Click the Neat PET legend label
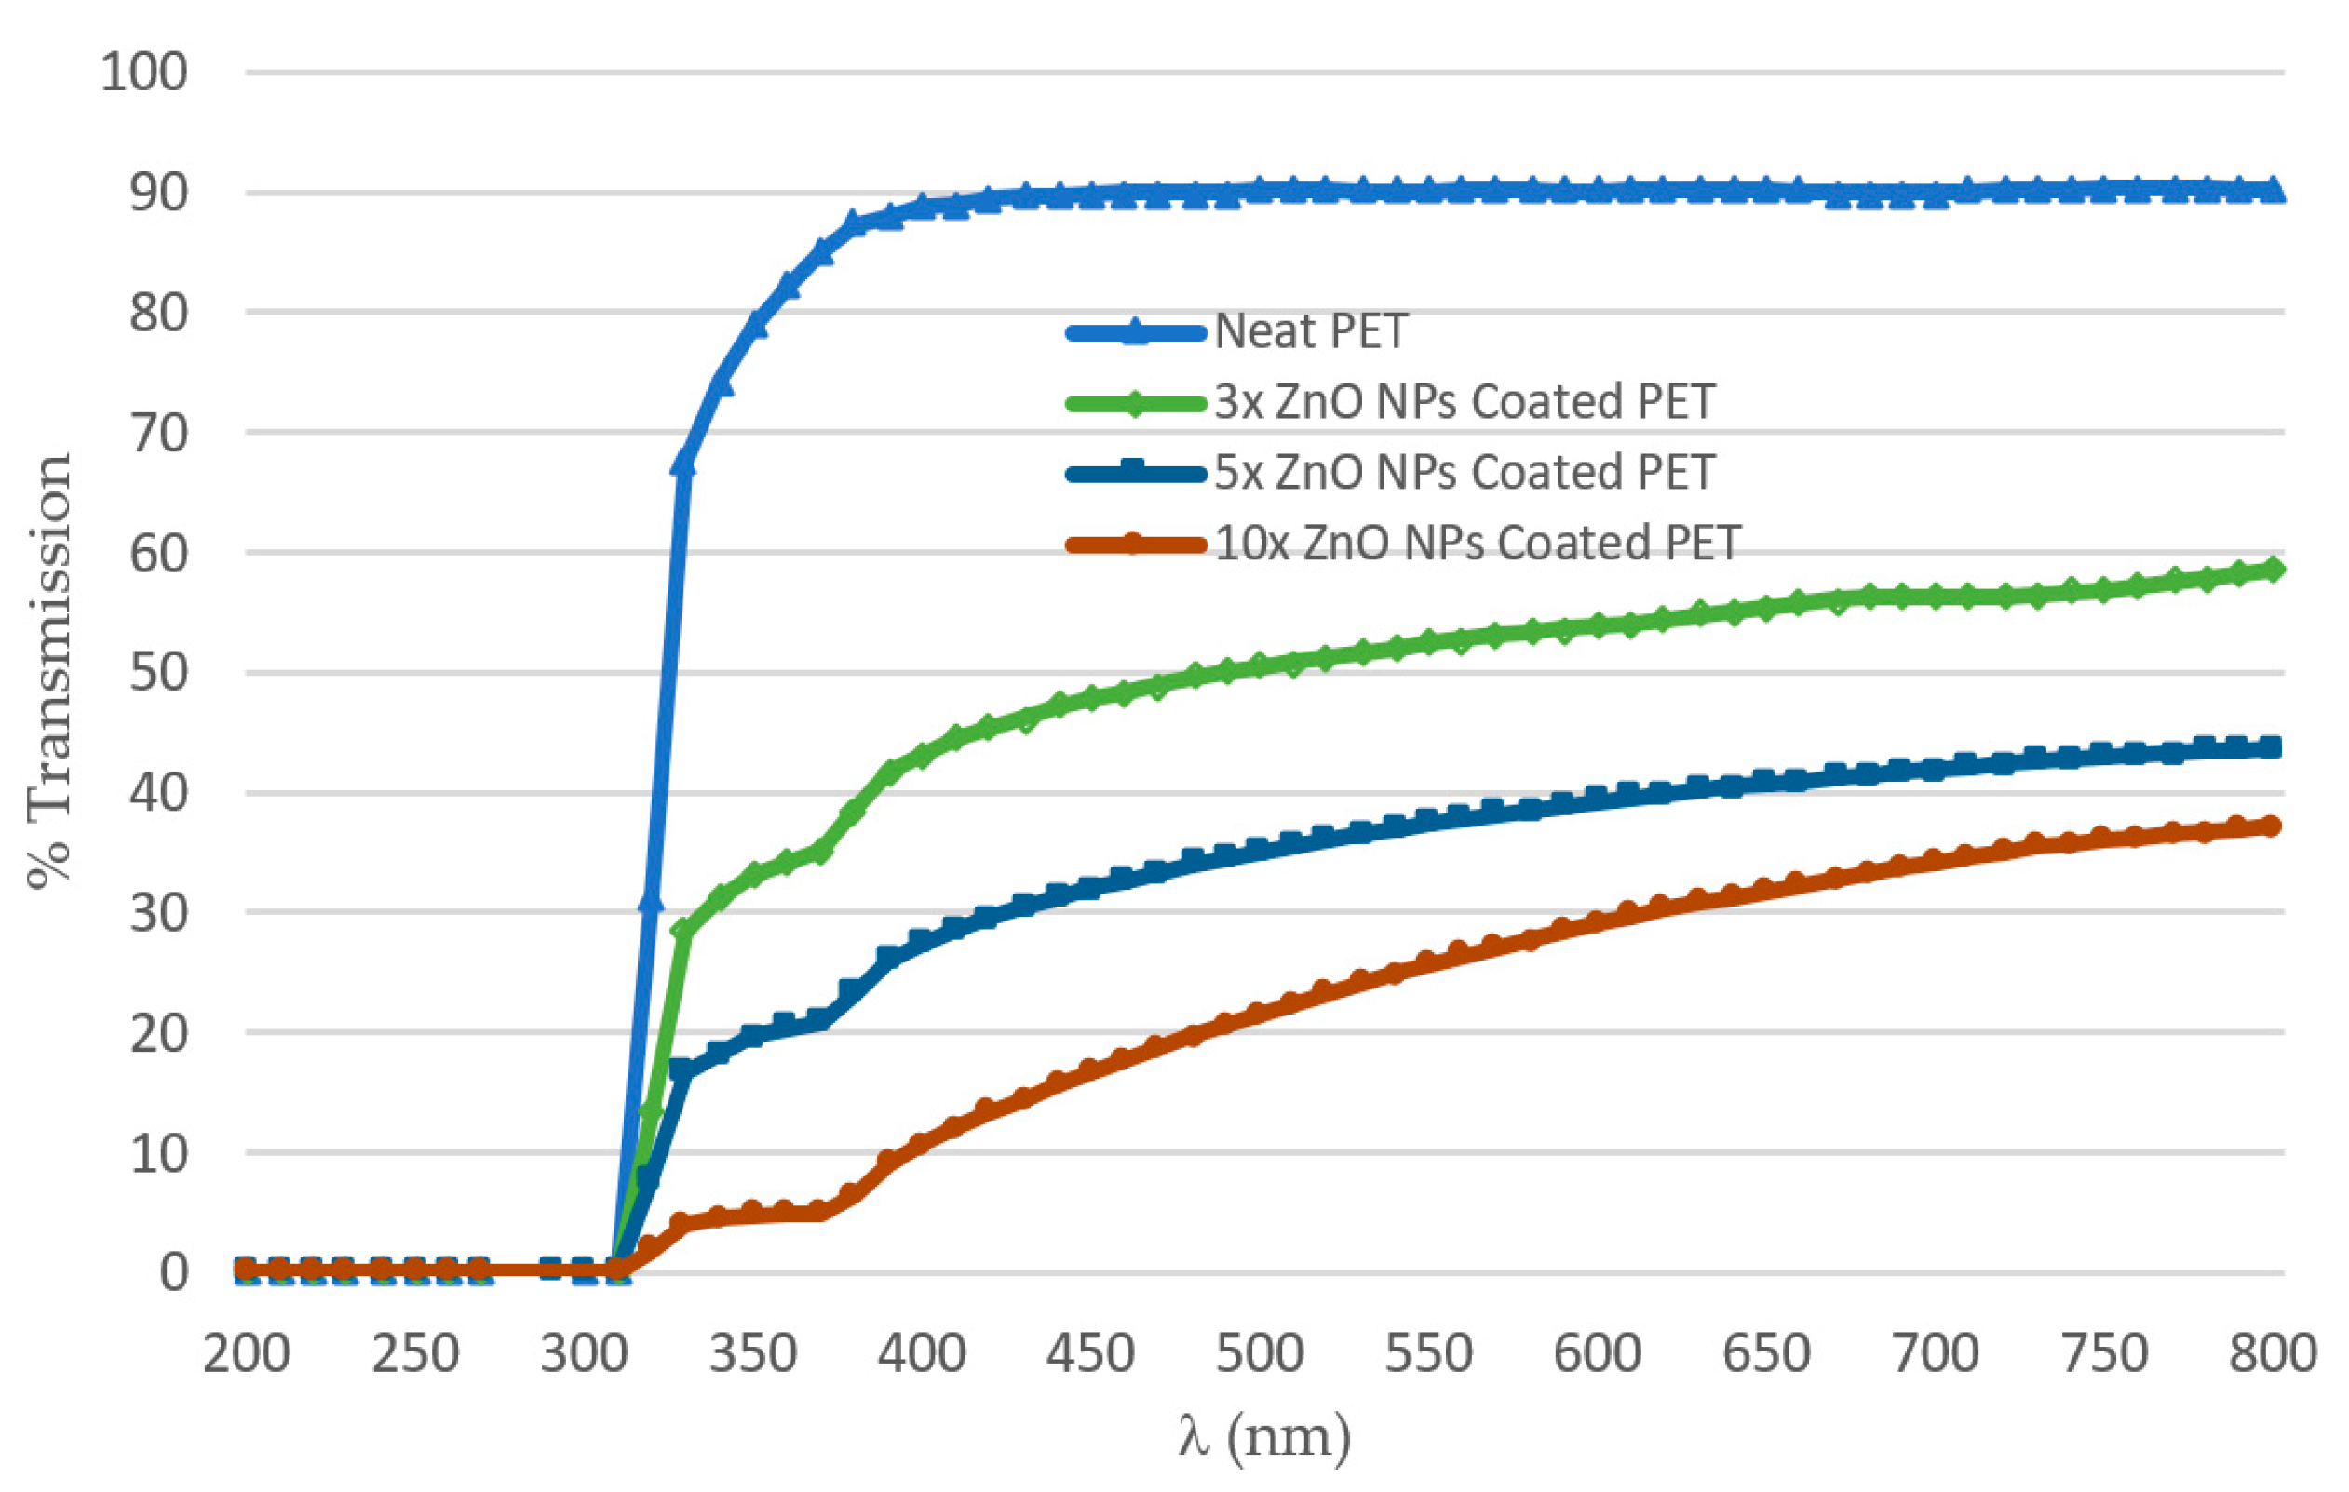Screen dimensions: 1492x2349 [x=1309, y=332]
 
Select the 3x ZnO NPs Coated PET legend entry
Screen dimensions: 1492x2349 [x=1464, y=403]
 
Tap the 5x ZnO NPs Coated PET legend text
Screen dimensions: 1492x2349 [x=1464, y=473]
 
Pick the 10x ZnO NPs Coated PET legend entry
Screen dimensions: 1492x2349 [x=1477, y=544]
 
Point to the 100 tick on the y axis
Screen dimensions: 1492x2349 [x=144, y=74]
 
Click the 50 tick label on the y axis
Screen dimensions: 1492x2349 [x=159, y=673]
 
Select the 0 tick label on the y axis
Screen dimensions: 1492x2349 [x=174, y=1272]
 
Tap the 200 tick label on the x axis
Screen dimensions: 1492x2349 [x=246, y=1354]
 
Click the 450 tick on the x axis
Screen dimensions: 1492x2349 [x=1090, y=1354]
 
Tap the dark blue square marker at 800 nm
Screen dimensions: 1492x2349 [x=2271, y=748]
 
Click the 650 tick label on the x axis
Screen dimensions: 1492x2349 [x=1766, y=1354]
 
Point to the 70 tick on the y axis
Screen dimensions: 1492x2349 [x=159, y=433]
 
